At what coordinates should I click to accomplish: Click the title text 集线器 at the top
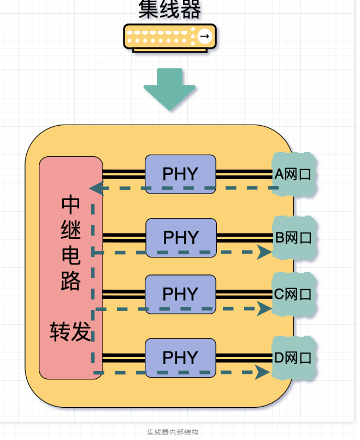(170, 9)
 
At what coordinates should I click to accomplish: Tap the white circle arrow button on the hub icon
(204, 37)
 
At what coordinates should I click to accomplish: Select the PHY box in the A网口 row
(180, 174)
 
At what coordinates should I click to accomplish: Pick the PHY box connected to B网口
(180, 237)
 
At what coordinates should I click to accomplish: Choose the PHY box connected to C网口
(180, 294)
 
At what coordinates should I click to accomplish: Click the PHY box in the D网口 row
(180, 357)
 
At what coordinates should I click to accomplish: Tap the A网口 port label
(293, 174)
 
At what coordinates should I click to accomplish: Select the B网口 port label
(293, 238)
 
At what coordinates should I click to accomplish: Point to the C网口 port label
(293, 295)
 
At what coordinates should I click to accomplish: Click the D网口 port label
(293, 358)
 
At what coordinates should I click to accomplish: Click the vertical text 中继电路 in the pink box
(71, 243)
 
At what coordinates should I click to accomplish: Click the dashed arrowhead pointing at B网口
(264, 252)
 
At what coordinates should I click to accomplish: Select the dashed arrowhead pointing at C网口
(264, 309)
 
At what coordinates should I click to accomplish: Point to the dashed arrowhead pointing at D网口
(263, 373)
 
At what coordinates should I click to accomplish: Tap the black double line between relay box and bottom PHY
(123, 358)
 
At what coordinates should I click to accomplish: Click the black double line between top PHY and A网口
(244, 174)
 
